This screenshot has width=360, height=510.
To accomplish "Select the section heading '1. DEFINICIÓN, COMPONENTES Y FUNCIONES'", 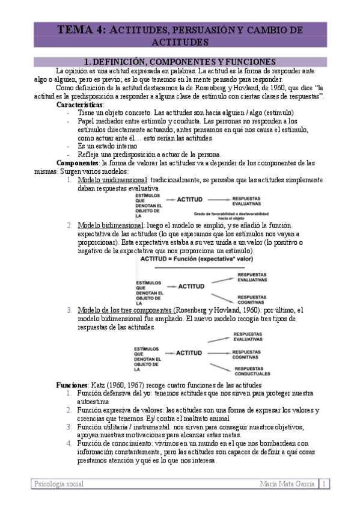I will [x=180, y=62].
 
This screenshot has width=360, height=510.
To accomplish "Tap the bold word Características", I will [x=80, y=105].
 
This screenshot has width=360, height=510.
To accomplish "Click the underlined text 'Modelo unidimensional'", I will [x=112, y=180].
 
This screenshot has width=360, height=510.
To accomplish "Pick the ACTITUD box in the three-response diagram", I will [x=189, y=353].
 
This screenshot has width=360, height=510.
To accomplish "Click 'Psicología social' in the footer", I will [x=59, y=484].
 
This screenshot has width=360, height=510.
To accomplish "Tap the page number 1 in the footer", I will [x=324, y=484].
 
